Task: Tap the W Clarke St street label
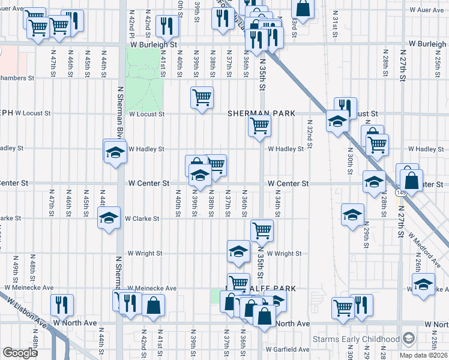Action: pyautogui.click(x=142, y=219)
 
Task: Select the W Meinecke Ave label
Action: pyautogui.click(x=152, y=288)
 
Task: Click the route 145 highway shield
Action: pyautogui.click(x=400, y=192)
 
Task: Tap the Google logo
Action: pyautogui.click(x=20, y=353)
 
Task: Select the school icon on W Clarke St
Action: pyautogui.click(x=109, y=217)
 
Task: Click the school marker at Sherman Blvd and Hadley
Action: pyautogui.click(x=115, y=151)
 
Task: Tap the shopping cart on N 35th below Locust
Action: pyautogui.click(x=260, y=126)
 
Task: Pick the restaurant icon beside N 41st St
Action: pyautogui.click(x=166, y=25)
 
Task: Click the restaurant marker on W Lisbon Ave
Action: pyautogui.click(x=62, y=304)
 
